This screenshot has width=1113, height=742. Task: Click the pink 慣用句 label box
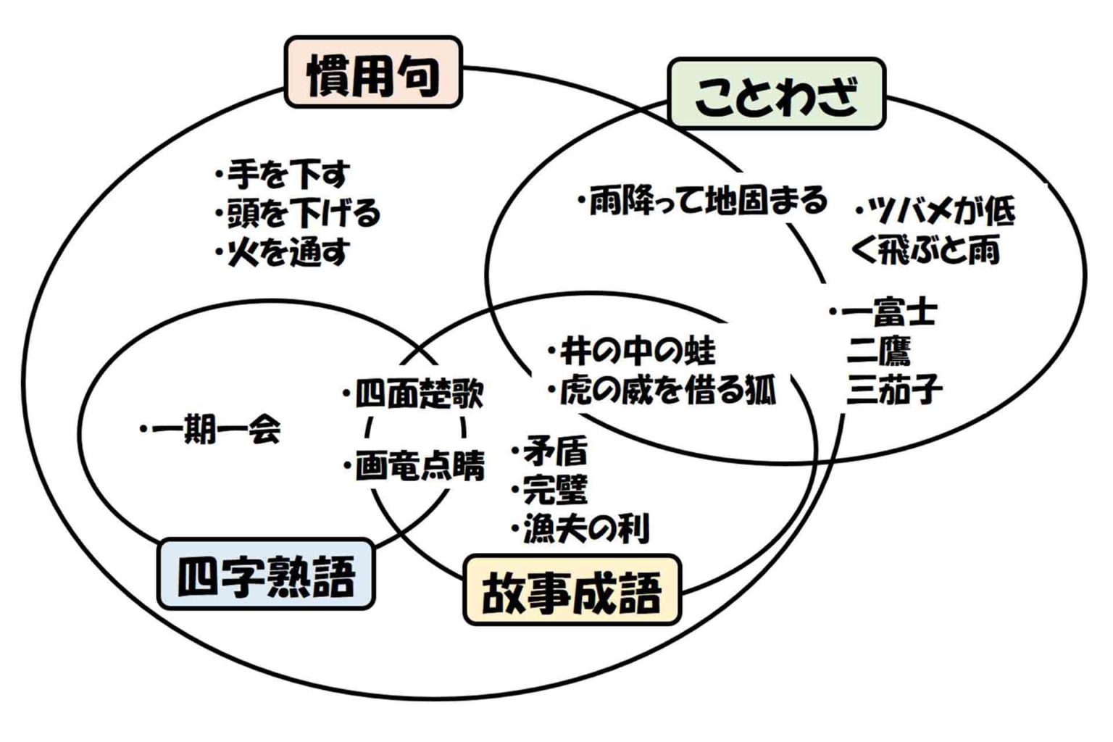coord(373,72)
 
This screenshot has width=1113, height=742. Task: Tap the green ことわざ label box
coord(776,94)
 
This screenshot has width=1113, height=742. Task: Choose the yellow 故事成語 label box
coord(572,590)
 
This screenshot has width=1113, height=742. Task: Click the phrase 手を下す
coord(288,174)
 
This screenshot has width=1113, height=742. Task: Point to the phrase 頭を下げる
coord(303,213)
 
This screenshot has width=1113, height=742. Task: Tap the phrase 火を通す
coord(288,251)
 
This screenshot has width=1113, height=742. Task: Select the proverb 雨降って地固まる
coord(706,200)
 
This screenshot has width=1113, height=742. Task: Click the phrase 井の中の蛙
coord(637,351)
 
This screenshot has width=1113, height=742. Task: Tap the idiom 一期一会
coord(215,430)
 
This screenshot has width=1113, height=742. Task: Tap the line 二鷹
coord(879,351)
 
